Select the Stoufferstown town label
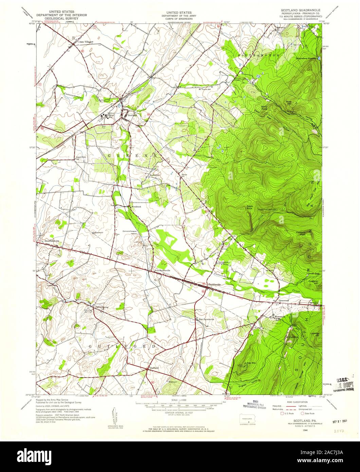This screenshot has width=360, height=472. pos(52,241)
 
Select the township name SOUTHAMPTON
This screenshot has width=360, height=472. pos(259,55)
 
